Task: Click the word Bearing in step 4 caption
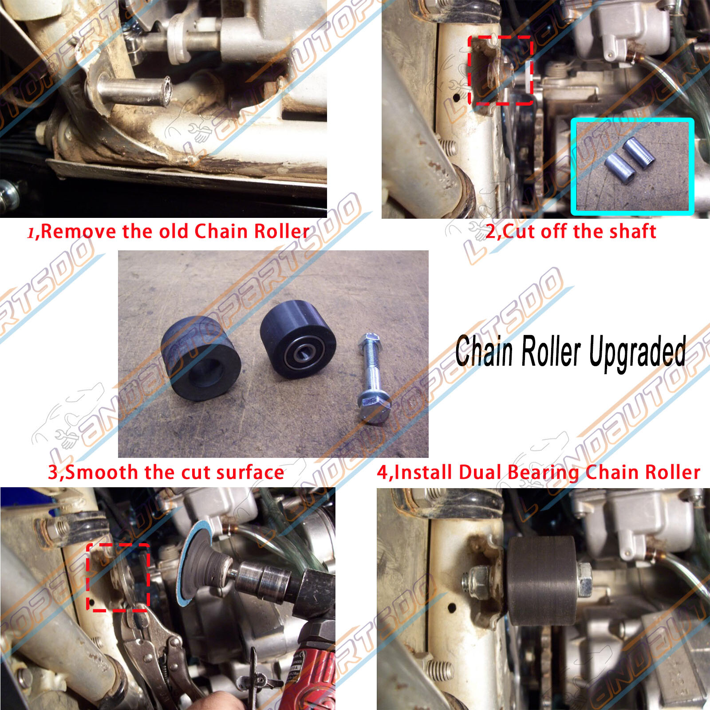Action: tap(543, 473)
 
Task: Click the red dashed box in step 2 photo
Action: tap(500, 71)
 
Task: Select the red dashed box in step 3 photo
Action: tap(118, 577)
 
